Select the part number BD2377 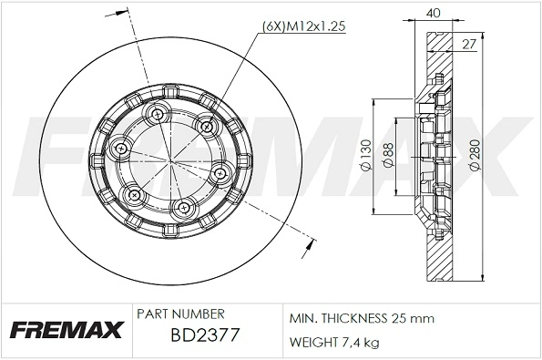[x=205, y=336]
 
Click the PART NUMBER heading [x=179, y=314]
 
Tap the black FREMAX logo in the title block [x=65, y=330]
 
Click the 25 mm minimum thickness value [x=413, y=318]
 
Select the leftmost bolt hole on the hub [x=119, y=147]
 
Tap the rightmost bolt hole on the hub [x=220, y=172]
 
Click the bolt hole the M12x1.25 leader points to [x=204, y=125]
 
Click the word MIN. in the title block [x=303, y=318]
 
